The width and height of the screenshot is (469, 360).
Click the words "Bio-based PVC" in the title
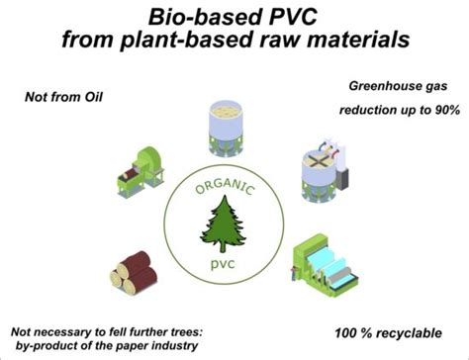pos(234,17)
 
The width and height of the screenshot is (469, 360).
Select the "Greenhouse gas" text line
pos(403,86)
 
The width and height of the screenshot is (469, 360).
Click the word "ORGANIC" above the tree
pos(234,187)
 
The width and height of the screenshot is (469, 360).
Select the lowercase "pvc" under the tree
pos(234,265)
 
